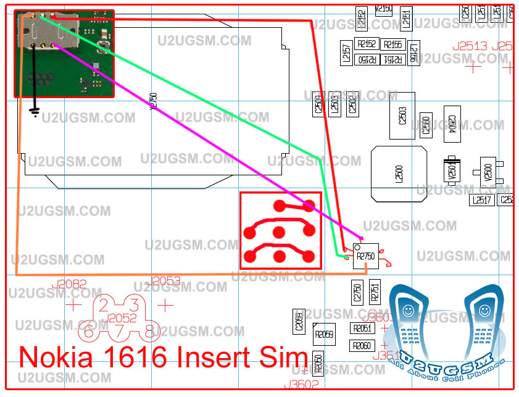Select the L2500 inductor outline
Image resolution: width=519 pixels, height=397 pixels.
(399, 173)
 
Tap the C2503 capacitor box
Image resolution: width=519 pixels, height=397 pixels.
(402, 115)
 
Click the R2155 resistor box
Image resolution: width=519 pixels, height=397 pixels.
(392, 44)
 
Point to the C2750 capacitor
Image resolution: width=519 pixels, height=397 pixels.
(357, 292)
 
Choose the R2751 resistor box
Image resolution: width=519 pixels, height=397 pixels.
(374, 292)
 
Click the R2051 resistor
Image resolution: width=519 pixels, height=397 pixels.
(362, 328)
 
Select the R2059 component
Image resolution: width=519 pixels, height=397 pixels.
(324, 335)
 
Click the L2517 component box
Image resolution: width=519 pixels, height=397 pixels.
(481, 200)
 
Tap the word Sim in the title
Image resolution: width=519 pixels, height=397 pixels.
(287, 358)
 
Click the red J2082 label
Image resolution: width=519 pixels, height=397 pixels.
(69, 285)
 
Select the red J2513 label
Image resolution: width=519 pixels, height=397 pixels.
(470, 46)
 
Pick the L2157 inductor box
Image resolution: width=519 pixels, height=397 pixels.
(346, 52)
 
